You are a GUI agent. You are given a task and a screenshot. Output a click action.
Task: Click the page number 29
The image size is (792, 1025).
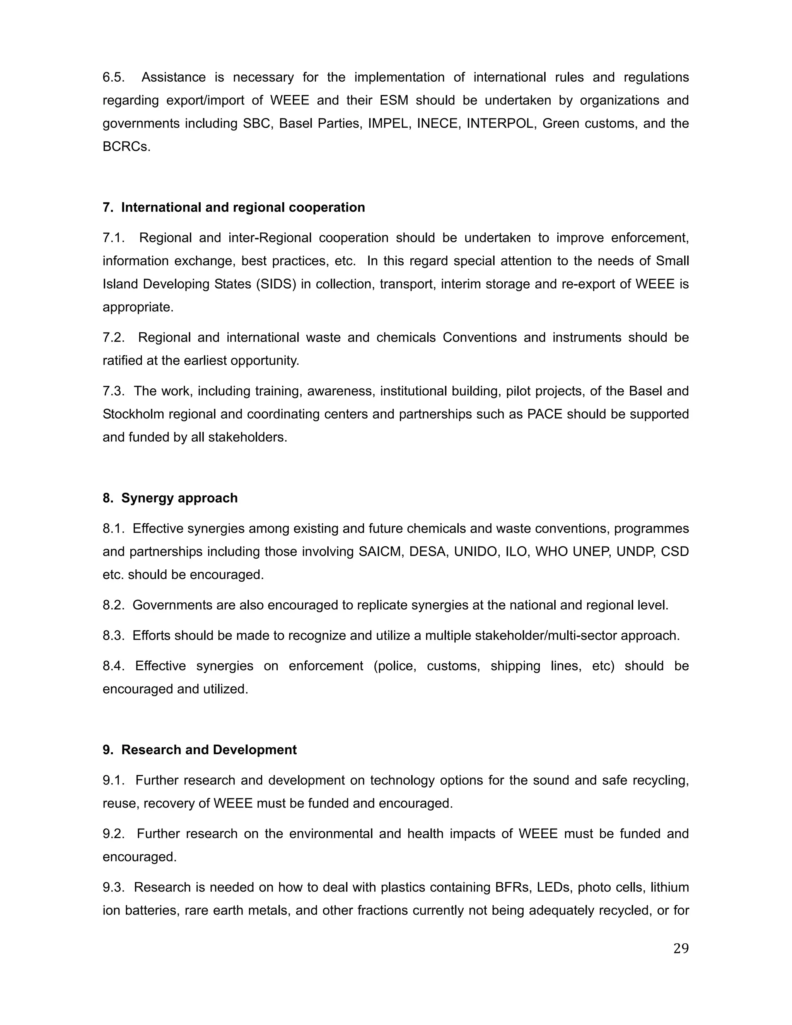pyautogui.click(x=681, y=948)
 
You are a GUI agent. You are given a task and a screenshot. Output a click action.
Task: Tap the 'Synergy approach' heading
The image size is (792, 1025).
pyautogui.click(x=179, y=498)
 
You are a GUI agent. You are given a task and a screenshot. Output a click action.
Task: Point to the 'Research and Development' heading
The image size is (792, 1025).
pyautogui.click(x=209, y=750)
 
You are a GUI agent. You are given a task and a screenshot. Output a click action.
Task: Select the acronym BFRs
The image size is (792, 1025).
pyautogui.click(x=511, y=887)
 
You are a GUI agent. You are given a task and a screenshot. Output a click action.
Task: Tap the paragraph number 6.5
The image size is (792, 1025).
pyautogui.click(x=114, y=77)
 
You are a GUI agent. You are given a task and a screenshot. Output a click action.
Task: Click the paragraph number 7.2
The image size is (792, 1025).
pyautogui.click(x=114, y=337)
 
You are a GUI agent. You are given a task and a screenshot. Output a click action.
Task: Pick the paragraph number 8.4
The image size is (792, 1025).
pyautogui.click(x=114, y=666)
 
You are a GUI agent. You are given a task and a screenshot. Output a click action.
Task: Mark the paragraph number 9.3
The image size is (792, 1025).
pyautogui.click(x=114, y=887)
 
